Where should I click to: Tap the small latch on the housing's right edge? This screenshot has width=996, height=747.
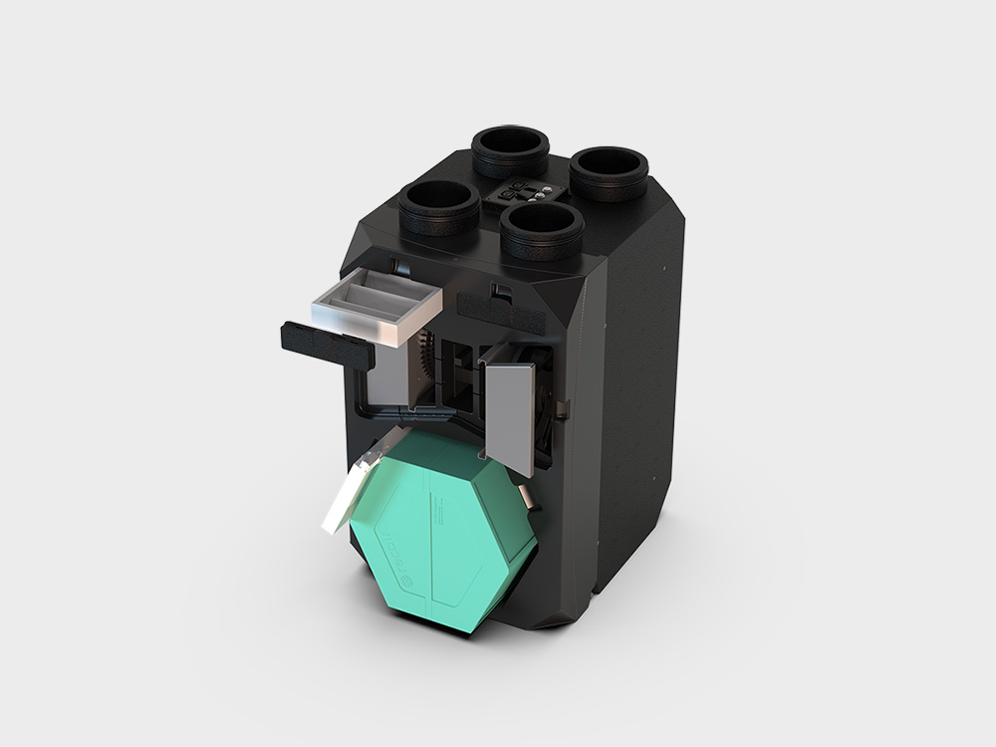point(563,408)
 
